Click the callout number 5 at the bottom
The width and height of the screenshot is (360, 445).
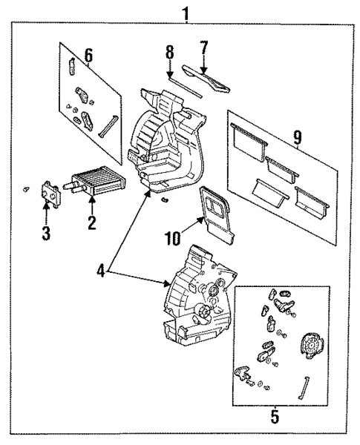[275, 417]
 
